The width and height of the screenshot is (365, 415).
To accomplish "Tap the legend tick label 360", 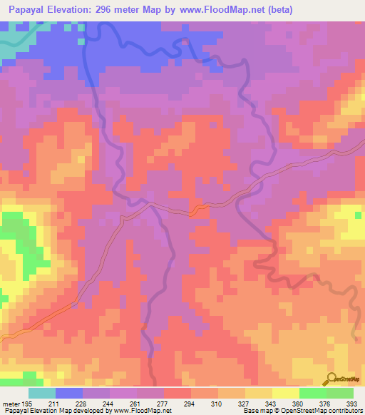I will (300, 404).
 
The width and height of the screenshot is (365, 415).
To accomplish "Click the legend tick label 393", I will (354, 404).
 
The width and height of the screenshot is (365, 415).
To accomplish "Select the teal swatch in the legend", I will (42, 393).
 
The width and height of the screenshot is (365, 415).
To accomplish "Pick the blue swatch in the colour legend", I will (69, 393).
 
